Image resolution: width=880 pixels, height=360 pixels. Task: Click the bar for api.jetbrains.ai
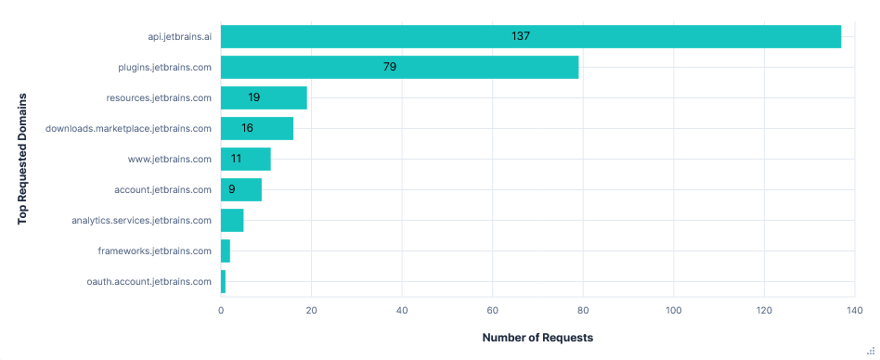530,37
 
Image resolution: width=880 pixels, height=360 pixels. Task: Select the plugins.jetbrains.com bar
399,67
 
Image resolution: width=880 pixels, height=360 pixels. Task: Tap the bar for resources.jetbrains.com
264,97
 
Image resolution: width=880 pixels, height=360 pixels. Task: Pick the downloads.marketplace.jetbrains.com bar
256,128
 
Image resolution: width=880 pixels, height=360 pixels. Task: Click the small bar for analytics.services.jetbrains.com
232,220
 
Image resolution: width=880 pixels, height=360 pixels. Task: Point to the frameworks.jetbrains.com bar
226,251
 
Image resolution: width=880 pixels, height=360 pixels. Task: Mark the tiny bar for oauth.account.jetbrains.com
223,281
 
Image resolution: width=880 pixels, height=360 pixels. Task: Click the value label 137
520,36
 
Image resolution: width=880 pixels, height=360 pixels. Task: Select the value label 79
390,67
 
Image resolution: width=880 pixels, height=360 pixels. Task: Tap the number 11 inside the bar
236,159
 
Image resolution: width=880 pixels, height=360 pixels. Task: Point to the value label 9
231,189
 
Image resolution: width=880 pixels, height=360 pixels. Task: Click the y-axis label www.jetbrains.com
170,159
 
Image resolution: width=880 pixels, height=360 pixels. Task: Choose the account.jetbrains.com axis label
163,189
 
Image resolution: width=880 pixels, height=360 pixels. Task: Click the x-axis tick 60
493,311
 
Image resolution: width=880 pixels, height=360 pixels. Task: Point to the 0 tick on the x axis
221,311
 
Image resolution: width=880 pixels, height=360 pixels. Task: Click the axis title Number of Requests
537,338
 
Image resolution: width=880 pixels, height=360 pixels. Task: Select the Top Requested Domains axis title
22,159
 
